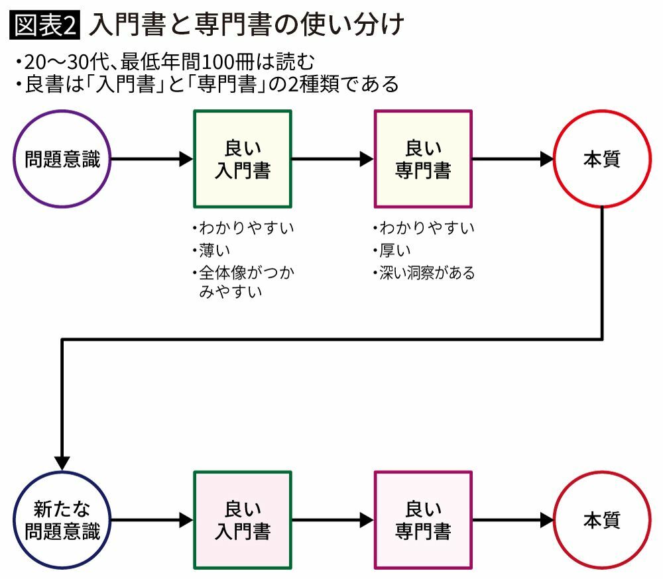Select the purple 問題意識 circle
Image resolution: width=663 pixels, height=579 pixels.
pos(63,160)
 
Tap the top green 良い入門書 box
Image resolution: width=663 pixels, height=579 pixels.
pos(243,160)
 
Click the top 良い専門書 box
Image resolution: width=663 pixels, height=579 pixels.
pos(423,160)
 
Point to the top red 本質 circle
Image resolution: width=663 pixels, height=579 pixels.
pos(602,160)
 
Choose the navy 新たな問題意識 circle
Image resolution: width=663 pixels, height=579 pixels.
pos(63,520)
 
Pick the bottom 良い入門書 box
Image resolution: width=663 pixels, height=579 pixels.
pos(243,520)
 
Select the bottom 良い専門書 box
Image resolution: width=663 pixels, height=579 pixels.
pos(423,520)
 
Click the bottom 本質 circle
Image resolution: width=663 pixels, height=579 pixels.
pos(602,520)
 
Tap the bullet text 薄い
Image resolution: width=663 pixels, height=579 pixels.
pos(214,250)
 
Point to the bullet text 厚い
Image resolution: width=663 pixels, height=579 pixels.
pos(395,250)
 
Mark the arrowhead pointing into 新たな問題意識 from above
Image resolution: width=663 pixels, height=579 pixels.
pos(62,462)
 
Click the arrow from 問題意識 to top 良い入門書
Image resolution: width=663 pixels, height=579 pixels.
pos(151,160)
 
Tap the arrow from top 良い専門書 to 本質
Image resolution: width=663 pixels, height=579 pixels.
pos(512,160)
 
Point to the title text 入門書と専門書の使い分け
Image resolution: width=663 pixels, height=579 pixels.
pos(245,26)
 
